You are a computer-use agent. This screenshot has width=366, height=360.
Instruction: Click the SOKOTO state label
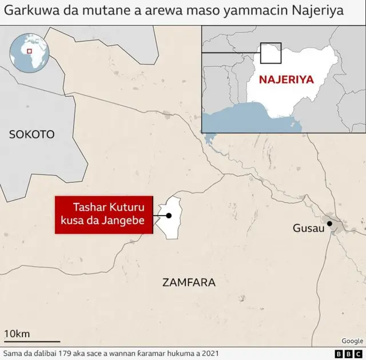click(x=32, y=134)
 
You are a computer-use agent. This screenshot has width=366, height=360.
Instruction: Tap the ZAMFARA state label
click(x=189, y=282)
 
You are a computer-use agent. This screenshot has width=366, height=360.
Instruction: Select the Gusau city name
click(x=308, y=228)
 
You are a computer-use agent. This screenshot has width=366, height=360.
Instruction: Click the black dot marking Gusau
click(x=329, y=223)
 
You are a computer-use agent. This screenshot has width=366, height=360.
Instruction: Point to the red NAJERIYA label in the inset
click(x=286, y=79)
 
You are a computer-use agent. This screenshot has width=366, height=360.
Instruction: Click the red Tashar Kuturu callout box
click(x=104, y=214)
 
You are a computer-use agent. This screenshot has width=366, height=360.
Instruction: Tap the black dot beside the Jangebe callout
click(x=169, y=215)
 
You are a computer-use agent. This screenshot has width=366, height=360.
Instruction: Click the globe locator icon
click(x=29, y=53)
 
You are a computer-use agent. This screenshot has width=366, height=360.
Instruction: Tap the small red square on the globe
click(x=29, y=51)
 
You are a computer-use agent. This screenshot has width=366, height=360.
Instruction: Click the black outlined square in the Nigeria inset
click(x=270, y=53)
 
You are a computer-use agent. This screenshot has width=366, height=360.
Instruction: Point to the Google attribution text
click(x=352, y=341)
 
